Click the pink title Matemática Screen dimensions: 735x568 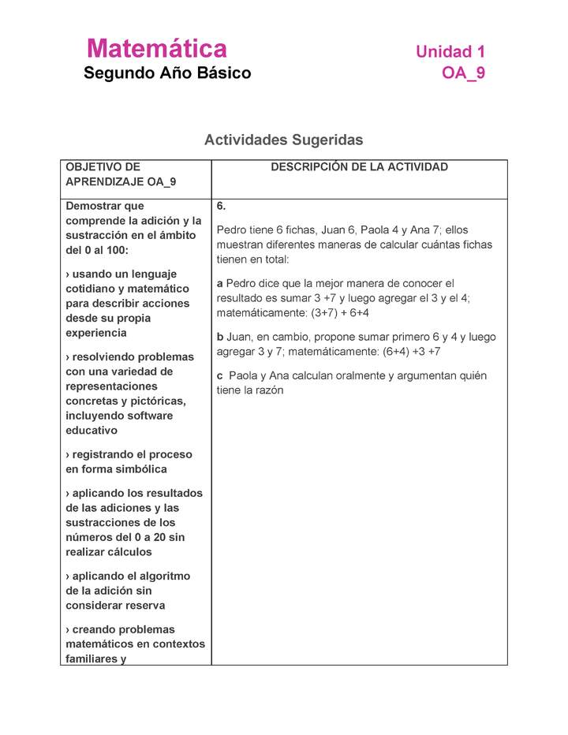click(157, 49)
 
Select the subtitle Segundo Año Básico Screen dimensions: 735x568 click(167, 73)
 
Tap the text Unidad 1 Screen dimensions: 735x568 click(450, 52)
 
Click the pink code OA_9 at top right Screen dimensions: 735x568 click(464, 73)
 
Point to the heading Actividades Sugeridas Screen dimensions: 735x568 click(283, 140)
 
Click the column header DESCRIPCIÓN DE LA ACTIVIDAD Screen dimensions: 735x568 click(359, 167)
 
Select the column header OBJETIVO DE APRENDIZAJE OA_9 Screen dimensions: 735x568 click(121, 174)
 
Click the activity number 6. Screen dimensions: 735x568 click(222, 206)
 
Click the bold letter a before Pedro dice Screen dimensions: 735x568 click(219, 283)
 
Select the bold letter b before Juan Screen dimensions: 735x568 click(220, 337)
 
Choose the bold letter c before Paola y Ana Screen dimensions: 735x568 click(219, 375)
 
